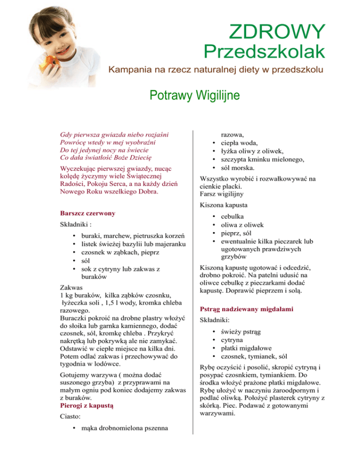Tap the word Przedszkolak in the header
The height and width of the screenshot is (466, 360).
(264, 53)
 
